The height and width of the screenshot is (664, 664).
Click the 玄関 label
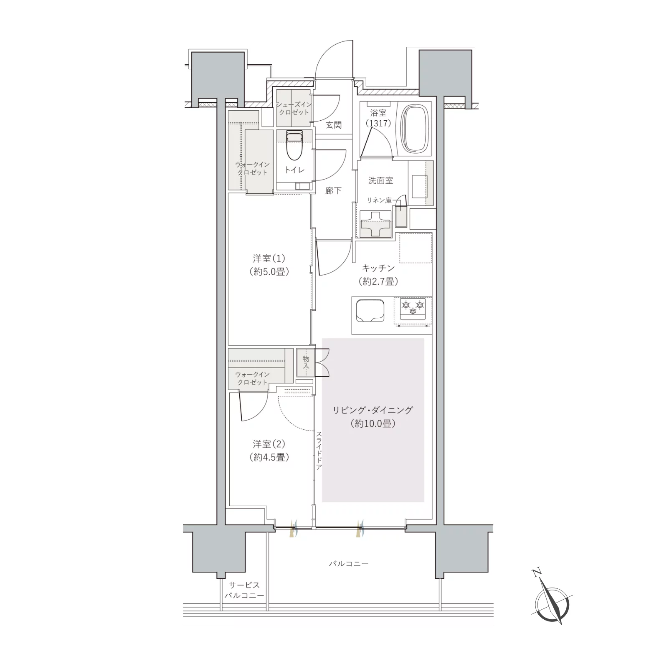pyautogui.click(x=334, y=125)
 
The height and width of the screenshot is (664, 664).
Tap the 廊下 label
pyautogui.click(x=333, y=190)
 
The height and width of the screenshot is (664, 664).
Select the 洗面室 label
pyautogui.click(x=380, y=180)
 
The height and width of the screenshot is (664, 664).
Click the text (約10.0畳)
pyautogui.click(x=373, y=423)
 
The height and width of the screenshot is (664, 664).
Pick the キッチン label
pyautogui.click(x=378, y=269)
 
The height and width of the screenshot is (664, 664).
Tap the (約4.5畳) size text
pyautogui.click(x=269, y=457)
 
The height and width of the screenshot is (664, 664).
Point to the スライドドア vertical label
pyautogui.click(x=319, y=451)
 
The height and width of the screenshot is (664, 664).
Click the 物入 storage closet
pyautogui.click(x=305, y=361)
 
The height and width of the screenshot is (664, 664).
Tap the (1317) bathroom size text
pyautogui.click(x=378, y=123)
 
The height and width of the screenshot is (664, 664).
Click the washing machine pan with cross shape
pyautogui.click(x=375, y=223)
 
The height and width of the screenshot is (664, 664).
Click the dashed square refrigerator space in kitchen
pyautogui.click(x=415, y=248)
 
